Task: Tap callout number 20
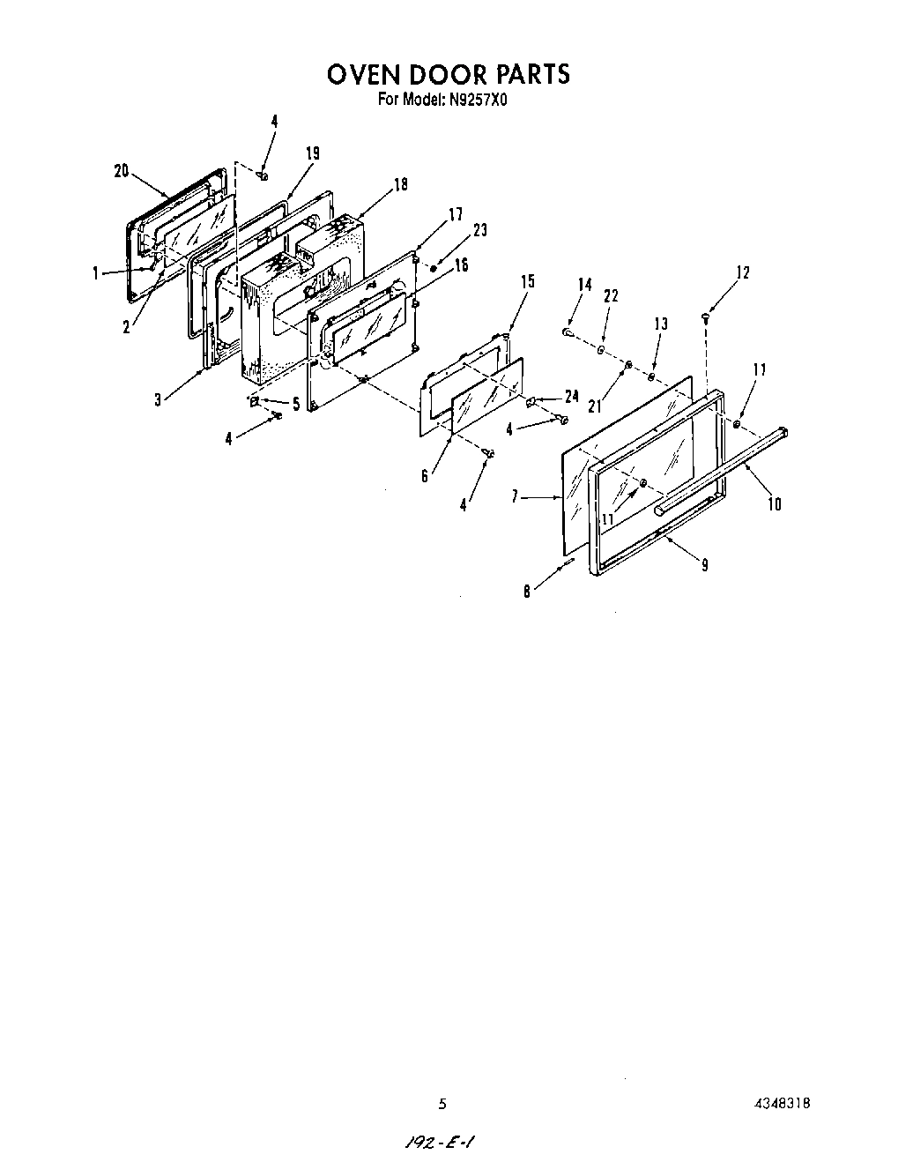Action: [122, 172]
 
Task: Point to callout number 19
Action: [312, 153]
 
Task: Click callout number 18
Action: [401, 185]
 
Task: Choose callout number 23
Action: [479, 231]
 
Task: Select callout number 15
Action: [527, 282]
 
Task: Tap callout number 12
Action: [742, 272]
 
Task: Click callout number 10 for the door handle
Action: [775, 504]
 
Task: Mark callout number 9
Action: [704, 565]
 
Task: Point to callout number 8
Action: [527, 592]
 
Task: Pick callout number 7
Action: [514, 497]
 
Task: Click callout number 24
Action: [571, 397]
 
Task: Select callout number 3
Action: [158, 399]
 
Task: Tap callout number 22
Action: [610, 297]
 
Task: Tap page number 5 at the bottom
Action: [442, 1104]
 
